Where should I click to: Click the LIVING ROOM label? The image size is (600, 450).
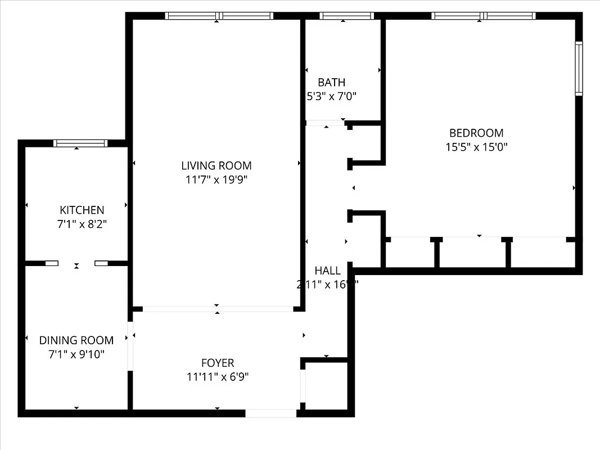[216, 165]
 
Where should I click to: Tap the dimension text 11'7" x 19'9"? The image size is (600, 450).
[216, 180]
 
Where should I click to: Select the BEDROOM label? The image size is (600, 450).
[476, 133]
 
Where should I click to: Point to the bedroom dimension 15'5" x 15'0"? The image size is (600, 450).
[476, 148]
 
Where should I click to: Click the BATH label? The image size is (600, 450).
[331, 82]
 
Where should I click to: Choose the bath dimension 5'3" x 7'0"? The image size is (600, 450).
[331, 97]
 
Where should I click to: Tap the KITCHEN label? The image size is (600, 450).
[82, 210]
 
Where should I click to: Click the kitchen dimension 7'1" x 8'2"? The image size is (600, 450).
[82, 224]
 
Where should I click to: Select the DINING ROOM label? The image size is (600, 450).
[76, 340]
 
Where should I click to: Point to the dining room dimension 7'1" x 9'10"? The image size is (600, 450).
[76, 354]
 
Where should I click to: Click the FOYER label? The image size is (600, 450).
[218, 363]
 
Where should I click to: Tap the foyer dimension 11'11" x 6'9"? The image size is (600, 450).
[218, 377]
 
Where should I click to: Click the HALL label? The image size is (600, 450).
[327, 271]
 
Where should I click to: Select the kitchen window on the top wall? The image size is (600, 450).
[80, 143]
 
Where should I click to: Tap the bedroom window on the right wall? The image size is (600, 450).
[579, 67]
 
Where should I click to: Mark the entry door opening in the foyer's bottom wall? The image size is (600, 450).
[271, 413]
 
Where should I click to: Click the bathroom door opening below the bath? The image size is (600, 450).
[325, 122]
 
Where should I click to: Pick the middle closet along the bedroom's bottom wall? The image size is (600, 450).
[472, 253]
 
